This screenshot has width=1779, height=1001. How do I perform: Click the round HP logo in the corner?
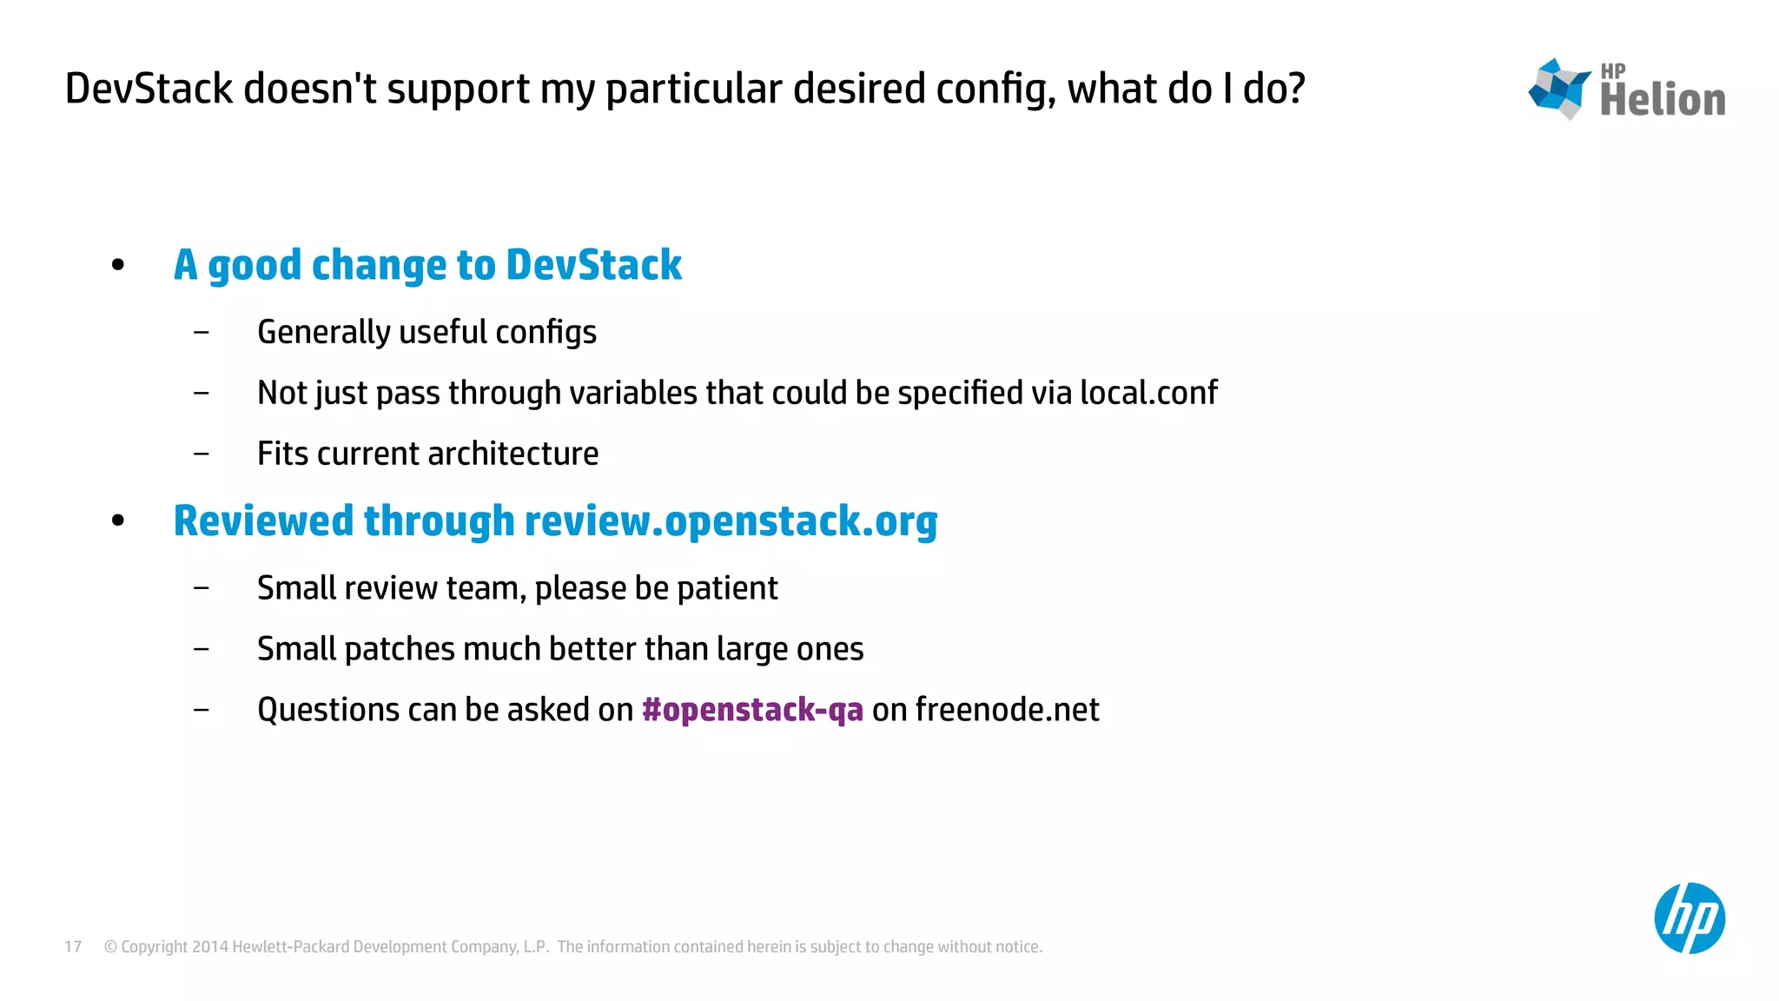point(1689,918)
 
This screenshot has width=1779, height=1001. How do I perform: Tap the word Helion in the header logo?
point(1663,100)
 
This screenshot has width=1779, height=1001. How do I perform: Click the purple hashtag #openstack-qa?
point(752,710)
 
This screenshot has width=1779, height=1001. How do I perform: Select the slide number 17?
point(73,947)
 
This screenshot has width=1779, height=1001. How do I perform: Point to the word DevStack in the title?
point(149,89)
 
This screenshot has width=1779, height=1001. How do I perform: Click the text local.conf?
point(1148,393)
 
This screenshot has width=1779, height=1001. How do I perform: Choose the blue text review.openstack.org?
point(731,521)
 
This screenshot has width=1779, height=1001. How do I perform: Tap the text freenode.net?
point(1007,710)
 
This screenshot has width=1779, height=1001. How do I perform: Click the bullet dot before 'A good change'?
point(118,265)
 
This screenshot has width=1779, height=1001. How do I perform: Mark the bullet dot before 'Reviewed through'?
point(118,521)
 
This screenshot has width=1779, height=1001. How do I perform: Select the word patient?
point(727,588)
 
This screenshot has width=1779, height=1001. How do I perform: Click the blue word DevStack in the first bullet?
point(593,265)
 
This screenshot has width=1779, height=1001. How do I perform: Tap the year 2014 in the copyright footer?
point(209,947)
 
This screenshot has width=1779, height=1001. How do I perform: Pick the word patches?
point(400,649)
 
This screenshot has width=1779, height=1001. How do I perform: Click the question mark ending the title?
point(1295,89)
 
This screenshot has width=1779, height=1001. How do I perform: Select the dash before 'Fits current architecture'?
point(202,454)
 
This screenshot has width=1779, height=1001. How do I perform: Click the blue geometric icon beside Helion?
point(1559,89)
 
